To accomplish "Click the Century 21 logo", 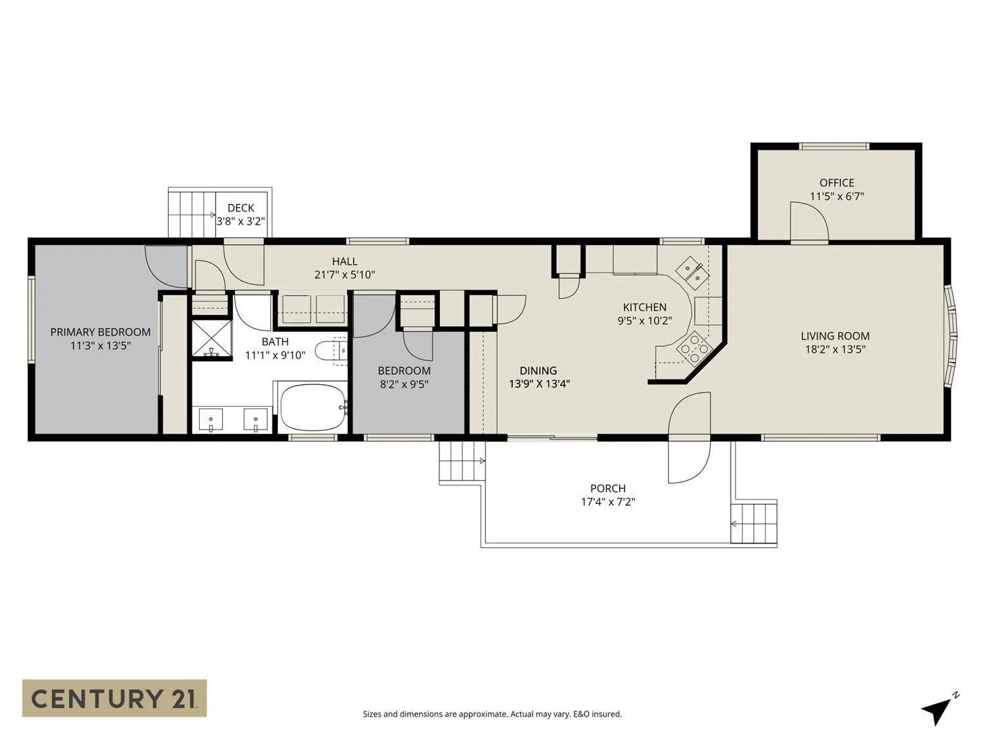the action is (114, 699).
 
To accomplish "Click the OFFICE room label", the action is (837, 183).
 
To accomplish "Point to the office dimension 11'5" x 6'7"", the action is (837, 196).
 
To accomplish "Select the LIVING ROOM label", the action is (835, 336).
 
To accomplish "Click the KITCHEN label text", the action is (644, 307).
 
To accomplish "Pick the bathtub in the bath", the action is (313, 407).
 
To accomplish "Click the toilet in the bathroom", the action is (331, 351).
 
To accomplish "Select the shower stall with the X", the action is (212, 339).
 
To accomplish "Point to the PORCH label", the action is (607, 488).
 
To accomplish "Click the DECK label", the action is (240, 208).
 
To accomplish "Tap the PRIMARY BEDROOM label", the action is (100, 332).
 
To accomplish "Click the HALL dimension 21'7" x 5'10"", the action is (344, 275).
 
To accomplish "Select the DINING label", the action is (538, 370).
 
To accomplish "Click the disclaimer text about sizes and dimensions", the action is (492, 714).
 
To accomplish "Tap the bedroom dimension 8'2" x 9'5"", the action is (404, 384).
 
